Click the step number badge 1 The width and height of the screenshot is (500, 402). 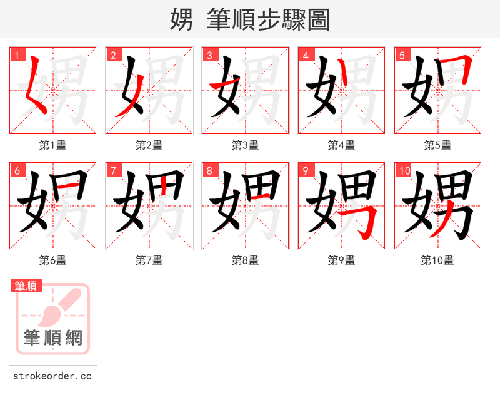[x=16, y=55]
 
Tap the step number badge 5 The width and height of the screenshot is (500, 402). [x=401, y=55]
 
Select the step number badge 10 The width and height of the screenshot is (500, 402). [x=403, y=170]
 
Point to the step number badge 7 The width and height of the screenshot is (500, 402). [x=112, y=170]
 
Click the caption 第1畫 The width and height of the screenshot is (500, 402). [x=52, y=145]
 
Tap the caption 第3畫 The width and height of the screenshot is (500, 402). [x=245, y=145]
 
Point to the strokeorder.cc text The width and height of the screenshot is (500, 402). [x=52, y=376]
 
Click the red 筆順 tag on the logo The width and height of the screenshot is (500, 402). [x=26, y=286]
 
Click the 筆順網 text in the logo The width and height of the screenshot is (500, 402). [x=53, y=338]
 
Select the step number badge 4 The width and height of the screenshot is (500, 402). [x=305, y=55]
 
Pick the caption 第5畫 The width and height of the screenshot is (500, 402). [x=437, y=145]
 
